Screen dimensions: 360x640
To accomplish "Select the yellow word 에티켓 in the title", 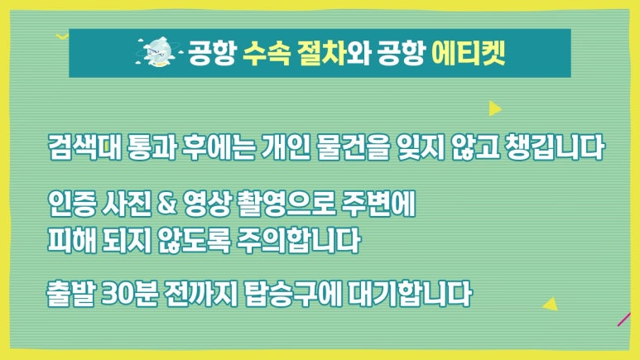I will [469, 53].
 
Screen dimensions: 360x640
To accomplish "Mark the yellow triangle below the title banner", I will [494, 108].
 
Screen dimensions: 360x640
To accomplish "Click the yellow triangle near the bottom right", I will [548, 304].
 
